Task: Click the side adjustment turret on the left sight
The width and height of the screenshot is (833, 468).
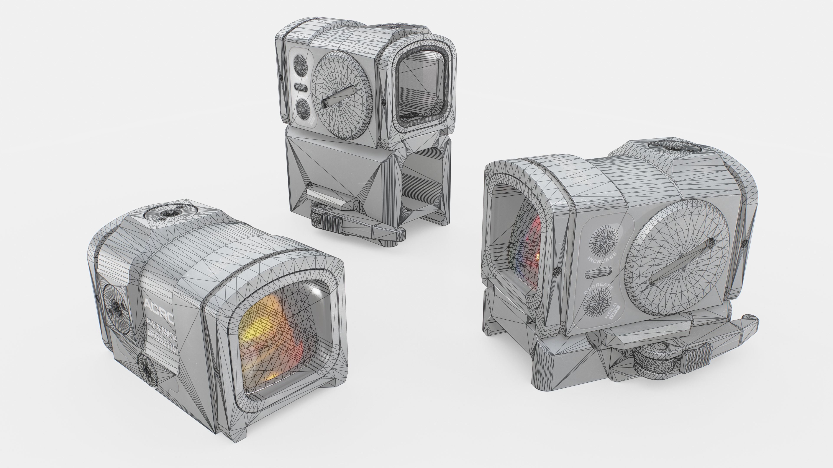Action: [x=115, y=305]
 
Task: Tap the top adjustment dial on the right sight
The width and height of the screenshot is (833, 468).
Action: [x=674, y=147]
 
